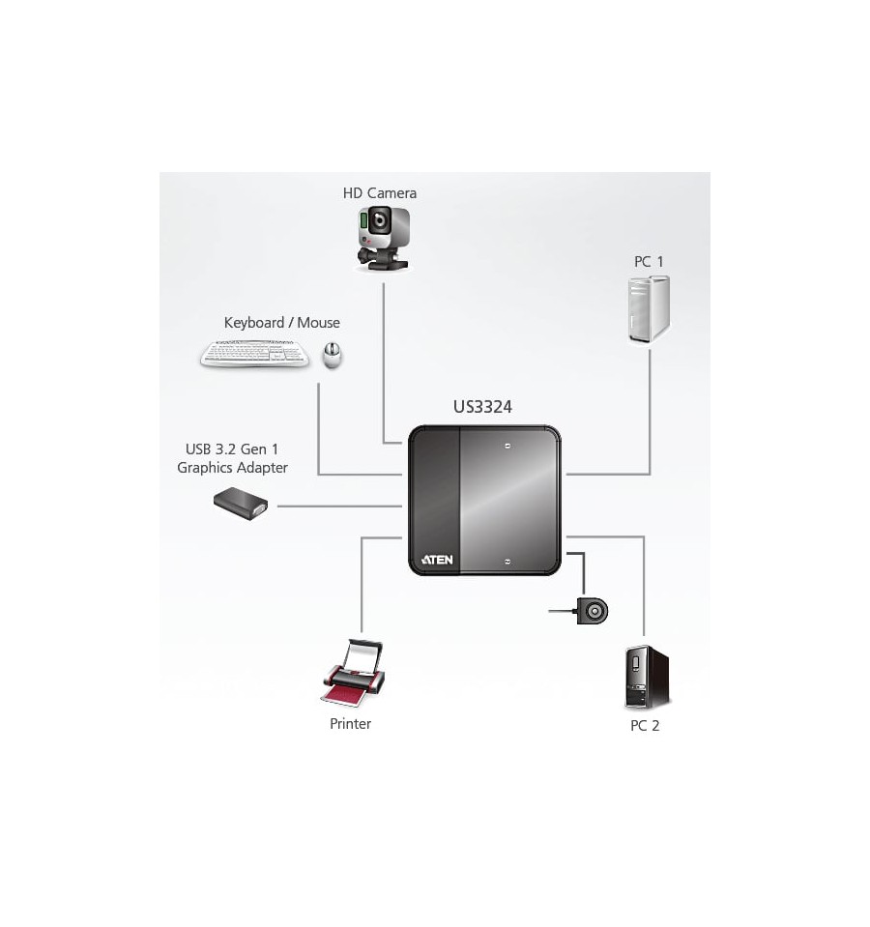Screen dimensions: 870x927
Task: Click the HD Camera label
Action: pos(380,193)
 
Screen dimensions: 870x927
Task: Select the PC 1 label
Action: pos(649,261)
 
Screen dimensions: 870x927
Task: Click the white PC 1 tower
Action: pos(649,308)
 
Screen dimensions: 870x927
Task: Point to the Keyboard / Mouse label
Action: pos(282,323)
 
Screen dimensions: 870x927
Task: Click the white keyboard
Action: pos(255,354)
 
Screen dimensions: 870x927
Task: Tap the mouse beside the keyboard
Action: pos(333,356)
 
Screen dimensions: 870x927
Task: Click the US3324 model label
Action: pos(482,407)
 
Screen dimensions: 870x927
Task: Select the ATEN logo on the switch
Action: pos(437,560)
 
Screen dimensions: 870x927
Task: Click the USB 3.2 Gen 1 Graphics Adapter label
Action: pos(232,458)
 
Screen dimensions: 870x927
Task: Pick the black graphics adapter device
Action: pos(241,504)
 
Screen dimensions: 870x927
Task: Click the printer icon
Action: pos(353,673)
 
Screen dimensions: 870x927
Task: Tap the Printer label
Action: pos(351,724)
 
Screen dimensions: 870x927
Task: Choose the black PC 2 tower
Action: pos(647,678)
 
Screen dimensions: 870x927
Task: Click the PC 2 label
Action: pos(645,725)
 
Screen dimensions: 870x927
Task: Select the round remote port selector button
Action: pos(593,611)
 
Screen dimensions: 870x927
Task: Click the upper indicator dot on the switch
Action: pos(507,446)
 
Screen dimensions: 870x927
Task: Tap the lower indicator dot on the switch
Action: pos(507,561)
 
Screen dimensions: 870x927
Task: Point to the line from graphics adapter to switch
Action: pos(339,507)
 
